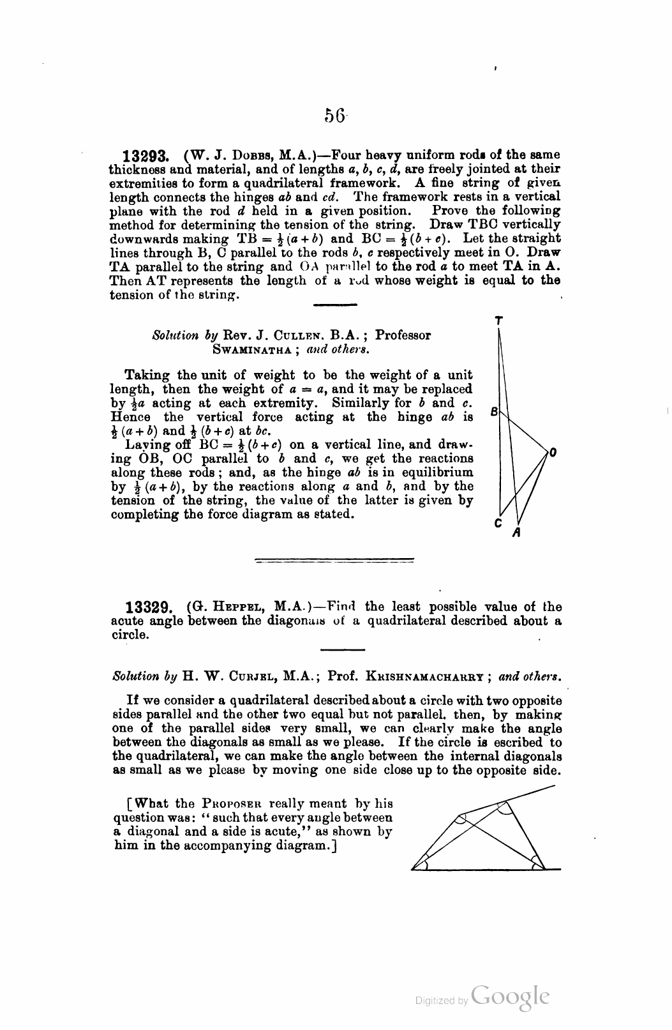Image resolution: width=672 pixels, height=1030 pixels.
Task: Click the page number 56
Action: [x=335, y=115]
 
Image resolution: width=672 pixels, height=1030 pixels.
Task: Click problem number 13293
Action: [x=146, y=156]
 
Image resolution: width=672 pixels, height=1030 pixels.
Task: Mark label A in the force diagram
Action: [x=517, y=531]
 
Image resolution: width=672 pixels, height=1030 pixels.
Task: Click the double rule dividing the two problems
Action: [x=334, y=561]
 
